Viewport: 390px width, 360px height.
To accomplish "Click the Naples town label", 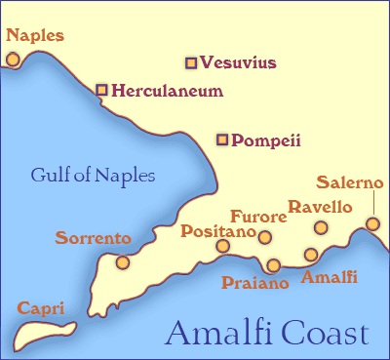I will coord(35,36).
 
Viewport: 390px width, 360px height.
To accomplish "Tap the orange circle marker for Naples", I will coord(13,59).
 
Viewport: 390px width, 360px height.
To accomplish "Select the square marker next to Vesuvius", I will coord(191,63).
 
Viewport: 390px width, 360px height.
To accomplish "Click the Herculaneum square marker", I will coord(101,90).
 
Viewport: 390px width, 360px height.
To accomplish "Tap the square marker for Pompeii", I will coord(222,140).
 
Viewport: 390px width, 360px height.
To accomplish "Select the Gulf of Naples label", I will coord(93,177).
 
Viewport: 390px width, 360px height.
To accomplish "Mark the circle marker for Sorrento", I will coord(122,261).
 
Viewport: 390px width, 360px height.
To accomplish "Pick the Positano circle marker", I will coord(223,246).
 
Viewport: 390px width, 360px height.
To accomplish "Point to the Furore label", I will coord(257,216).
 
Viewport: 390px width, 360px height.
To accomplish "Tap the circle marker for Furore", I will coord(264,237).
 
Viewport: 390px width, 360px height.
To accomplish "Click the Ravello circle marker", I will coord(320,228).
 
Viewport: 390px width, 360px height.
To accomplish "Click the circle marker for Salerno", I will coord(372,224).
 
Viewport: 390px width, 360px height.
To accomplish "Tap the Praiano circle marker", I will coord(273,265).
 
